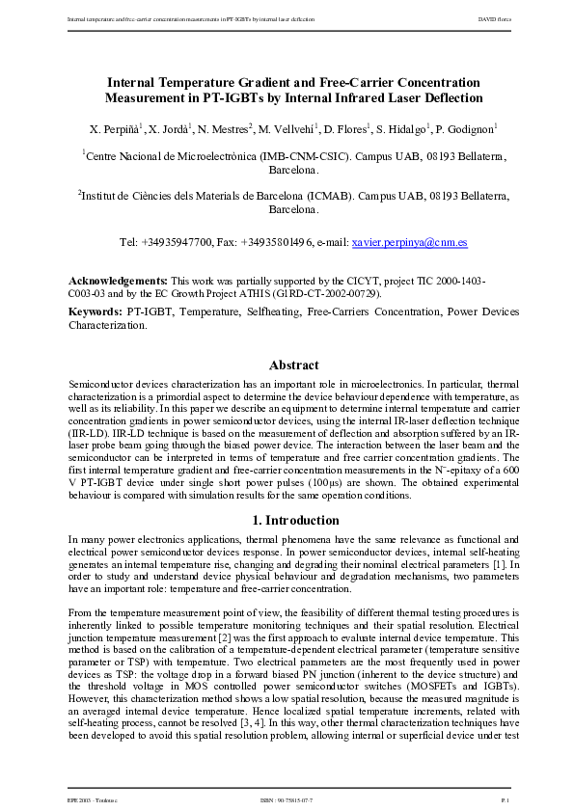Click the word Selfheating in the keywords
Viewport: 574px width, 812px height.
[262, 312]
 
